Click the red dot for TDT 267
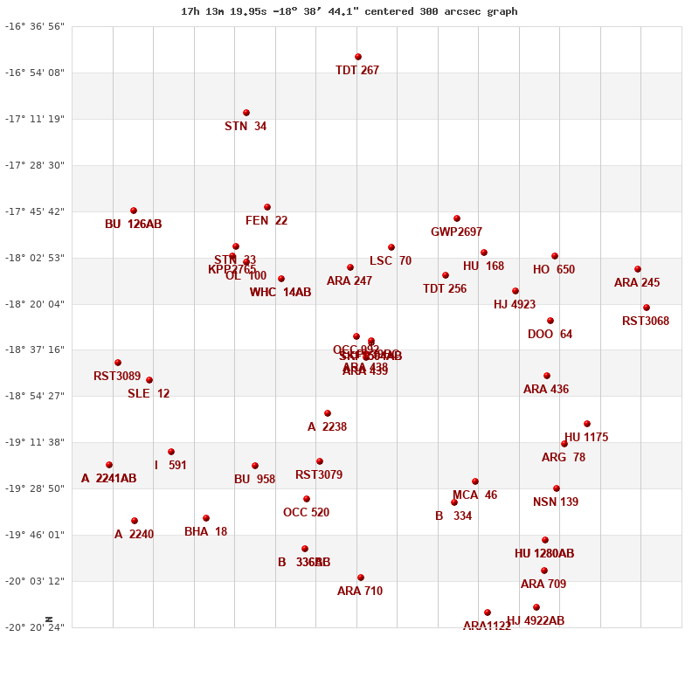click(358, 57)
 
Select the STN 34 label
click(246, 127)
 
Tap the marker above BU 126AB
click(134, 211)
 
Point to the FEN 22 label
click(266, 221)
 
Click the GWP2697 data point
click(457, 218)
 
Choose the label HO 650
click(554, 270)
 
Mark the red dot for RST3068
click(647, 308)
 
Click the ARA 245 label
click(637, 283)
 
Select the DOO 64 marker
click(550, 321)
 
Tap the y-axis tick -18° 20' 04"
click(35, 304)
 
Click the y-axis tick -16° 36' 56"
click(35, 26)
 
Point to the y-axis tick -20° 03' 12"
click(35, 581)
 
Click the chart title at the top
click(349, 11)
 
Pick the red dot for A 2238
click(328, 413)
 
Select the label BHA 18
click(205, 532)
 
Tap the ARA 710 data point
click(361, 578)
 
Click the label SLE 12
click(149, 394)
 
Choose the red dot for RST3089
click(118, 363)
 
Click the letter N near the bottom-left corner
click(49, 619)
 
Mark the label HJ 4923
click(515, 305)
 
